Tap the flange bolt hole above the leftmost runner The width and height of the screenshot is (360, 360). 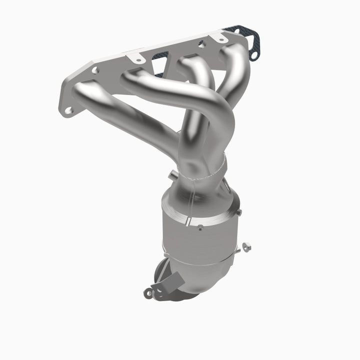(x=95, y=70)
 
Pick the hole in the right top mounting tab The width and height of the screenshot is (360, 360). (x=218, y=37)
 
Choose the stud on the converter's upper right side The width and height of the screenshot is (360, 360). (x=238, y=213)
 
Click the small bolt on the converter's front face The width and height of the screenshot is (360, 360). (x=200, y=228)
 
